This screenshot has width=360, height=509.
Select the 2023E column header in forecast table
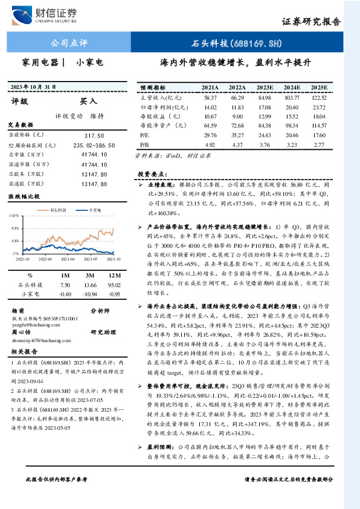(264, 87)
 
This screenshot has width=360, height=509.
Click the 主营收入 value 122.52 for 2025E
(319, 97)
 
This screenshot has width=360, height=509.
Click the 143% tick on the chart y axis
(13, 215)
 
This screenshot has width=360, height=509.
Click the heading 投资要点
(152, 173)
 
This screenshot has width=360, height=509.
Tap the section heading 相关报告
(25, 351)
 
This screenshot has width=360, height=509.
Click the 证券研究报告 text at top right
(310, 21)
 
